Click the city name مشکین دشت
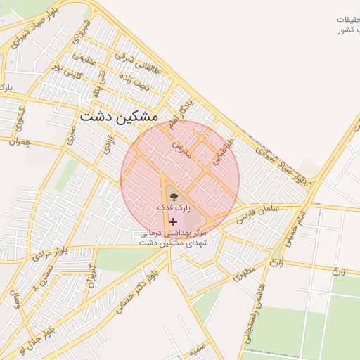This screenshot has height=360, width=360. (119, 117)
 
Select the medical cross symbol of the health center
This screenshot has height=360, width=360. (173, 221)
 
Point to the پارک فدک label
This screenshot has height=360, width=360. (173, 209)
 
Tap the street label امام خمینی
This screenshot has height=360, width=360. (294, 228)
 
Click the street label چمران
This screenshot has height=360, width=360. (21, 142)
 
